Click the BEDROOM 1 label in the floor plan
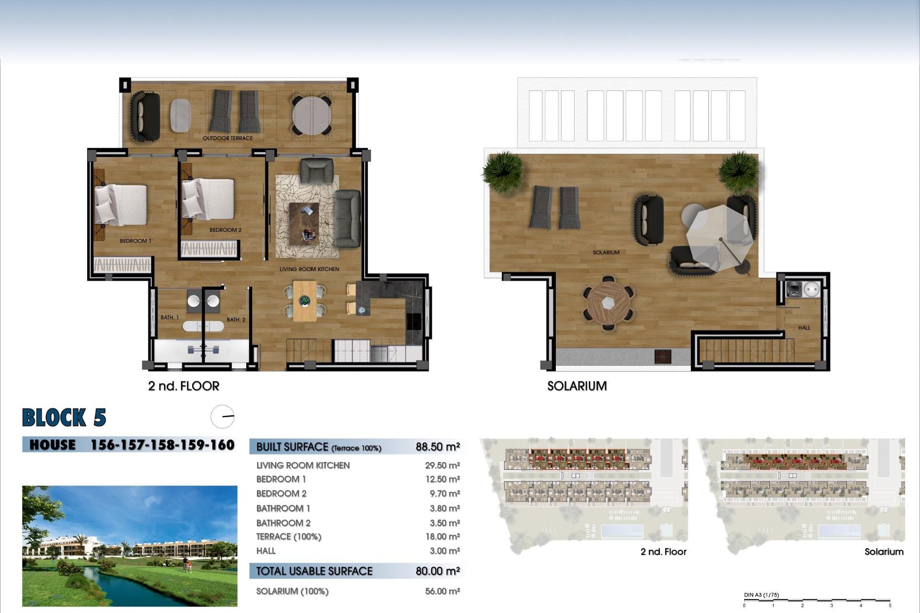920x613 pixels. coord(135,241)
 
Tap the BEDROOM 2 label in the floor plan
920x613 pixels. coord(225,230)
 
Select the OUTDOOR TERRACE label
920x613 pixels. coord(228,138)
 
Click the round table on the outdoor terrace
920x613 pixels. coord(312,116)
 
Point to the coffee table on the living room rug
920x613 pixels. coord(303,223)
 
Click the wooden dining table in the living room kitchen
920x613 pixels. coord(305,301)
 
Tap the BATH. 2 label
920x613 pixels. coord(236,319)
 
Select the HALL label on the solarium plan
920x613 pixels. coord(804,328)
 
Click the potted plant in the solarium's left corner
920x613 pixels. coord(503,170)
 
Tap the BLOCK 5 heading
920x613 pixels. coord(64,418)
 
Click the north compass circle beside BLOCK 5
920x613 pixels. coord(222,417)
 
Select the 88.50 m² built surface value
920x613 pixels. coord(437,447)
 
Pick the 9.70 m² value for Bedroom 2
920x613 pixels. coord(442,494)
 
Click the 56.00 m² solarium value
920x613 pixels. coord(442,591)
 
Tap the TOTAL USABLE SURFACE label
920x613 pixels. coord(314,571)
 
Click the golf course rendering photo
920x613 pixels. coord(129,546)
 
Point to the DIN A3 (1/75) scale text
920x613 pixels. coord(761,595)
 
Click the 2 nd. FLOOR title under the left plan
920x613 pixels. coord(184,386)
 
